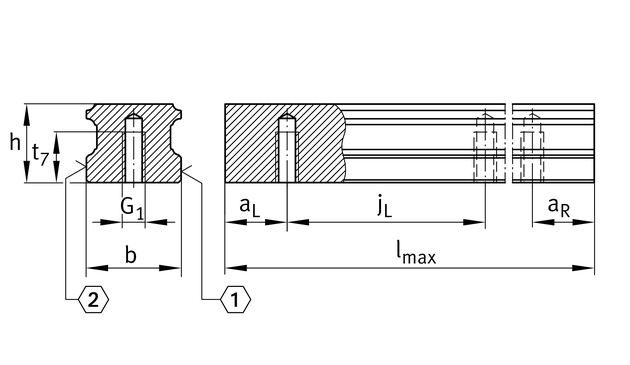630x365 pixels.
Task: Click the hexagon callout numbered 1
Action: tap(235, 299)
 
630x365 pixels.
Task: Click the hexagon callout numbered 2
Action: tap(93, 299)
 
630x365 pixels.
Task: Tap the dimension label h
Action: tap(15, 143)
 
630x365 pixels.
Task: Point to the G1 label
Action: tap(132, 208)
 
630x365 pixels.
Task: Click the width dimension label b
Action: tap(131, 255)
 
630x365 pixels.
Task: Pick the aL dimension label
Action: tap(250, 207)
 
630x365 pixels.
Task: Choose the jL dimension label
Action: tap(385, 207)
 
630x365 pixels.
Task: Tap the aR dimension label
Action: tap(558, 207)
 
